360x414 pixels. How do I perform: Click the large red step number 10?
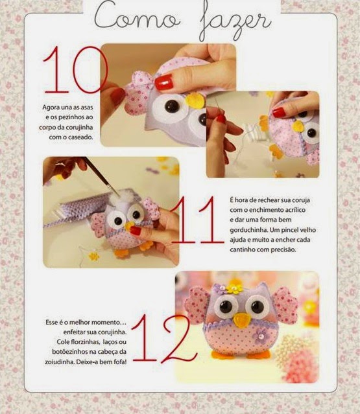tap(75, 70)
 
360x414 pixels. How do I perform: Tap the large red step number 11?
tap(197, 220)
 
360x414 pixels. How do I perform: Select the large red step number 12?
tap(164, 338)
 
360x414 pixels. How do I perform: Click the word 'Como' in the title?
tap(137, 17)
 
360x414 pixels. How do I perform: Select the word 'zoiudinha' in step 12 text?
tap(60, 362)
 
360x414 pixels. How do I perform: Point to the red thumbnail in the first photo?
tap(164, 82)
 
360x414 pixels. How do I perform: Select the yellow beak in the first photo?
tap(195, 100)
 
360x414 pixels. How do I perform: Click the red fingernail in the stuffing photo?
tap(136, 230)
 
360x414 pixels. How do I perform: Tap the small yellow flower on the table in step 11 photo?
tap(93, 256)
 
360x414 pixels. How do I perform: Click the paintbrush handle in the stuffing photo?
tap(100, 174)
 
